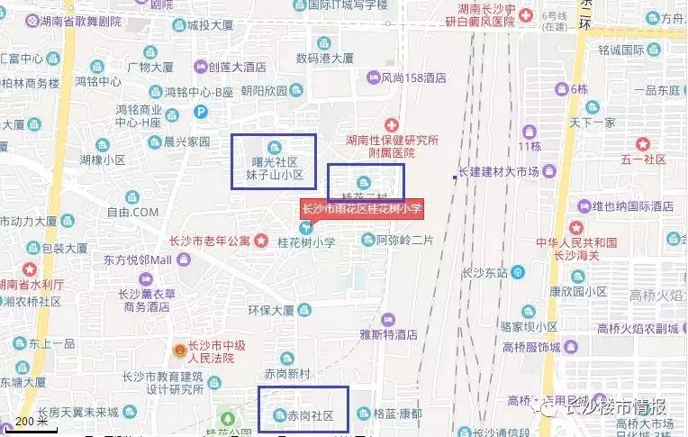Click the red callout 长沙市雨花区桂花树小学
click(362, 208)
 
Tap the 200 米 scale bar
click(32, 422)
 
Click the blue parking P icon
click(202, 112)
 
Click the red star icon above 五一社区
click(643, 142)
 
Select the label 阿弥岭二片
click(404, 240)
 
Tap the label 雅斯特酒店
click(389, 333)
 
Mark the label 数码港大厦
click(324, 58)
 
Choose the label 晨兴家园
click(186, 141)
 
